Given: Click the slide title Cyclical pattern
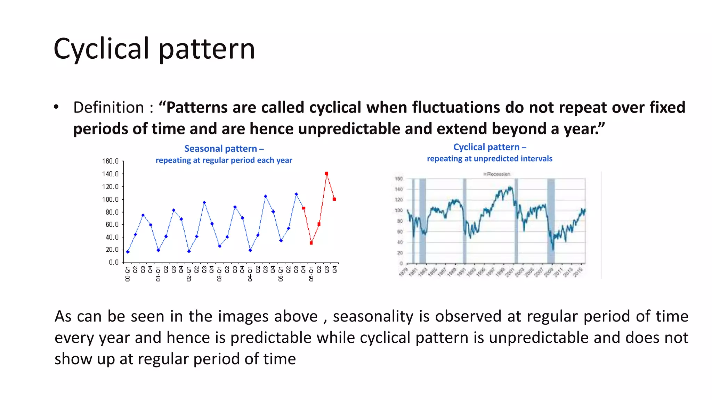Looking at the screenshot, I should (154, 49).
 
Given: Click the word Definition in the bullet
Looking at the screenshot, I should (108, 108).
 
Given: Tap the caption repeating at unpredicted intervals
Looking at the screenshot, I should (489, 159).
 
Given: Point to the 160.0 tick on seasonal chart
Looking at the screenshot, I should (110, 161).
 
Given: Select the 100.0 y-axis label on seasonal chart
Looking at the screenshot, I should (110, 199).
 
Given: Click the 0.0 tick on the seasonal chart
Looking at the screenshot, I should (114, 262).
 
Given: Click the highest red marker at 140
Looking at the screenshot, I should (326, 174).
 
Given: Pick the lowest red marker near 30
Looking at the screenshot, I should (311, 243).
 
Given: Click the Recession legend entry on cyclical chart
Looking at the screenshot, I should (497, 174).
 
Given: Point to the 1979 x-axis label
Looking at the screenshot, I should (403, 272).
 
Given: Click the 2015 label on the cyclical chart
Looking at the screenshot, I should (578, 272).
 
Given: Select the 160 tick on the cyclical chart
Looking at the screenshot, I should (399, 179).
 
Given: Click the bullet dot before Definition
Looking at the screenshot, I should (56, 107).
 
